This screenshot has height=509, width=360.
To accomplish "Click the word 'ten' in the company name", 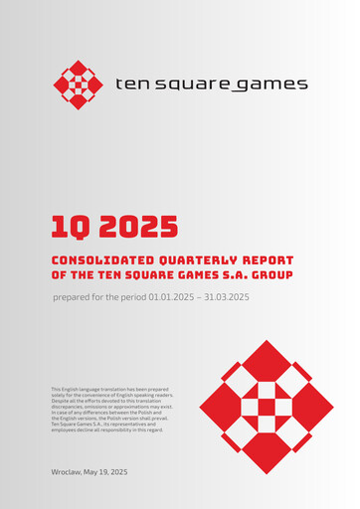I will coord(130,85).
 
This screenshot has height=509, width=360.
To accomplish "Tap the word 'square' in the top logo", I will coord(189,85).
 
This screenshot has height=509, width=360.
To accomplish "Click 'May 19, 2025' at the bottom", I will coord(109,470).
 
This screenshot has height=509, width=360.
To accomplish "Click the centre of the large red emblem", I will coord(266,407).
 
